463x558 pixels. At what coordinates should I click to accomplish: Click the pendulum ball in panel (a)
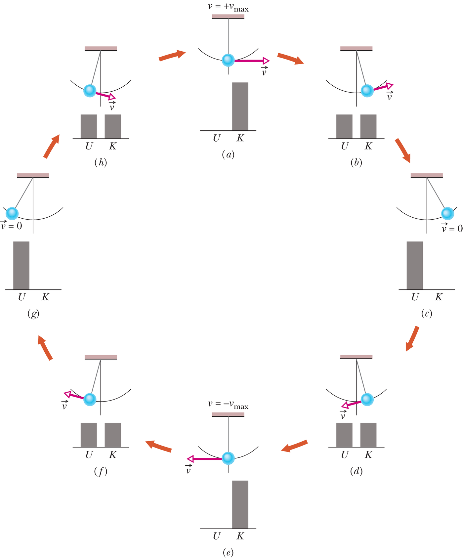[228, 60]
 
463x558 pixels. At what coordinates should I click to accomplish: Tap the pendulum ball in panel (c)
[447, 214]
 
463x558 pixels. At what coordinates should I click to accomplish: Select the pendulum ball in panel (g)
[12, 214]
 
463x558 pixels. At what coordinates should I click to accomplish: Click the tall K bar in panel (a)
[240, 107]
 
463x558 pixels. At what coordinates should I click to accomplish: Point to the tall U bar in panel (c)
[415, 265]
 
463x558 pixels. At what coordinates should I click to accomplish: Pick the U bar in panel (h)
[89, 126]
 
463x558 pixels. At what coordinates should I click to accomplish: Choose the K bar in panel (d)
[368, 435]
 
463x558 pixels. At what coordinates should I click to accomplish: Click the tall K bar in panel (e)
[240, 504]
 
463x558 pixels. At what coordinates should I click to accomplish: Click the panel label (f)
[101, 471]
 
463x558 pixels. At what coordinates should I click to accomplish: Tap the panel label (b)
[356, 162]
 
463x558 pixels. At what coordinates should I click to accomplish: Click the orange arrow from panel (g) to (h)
[52, 146]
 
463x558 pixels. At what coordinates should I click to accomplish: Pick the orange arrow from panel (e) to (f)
[159, 446]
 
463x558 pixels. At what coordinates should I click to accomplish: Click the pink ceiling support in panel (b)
[356, 48]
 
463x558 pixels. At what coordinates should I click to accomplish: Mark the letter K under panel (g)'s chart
[45, 297]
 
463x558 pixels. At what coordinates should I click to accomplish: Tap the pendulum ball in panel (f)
[90, 400]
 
